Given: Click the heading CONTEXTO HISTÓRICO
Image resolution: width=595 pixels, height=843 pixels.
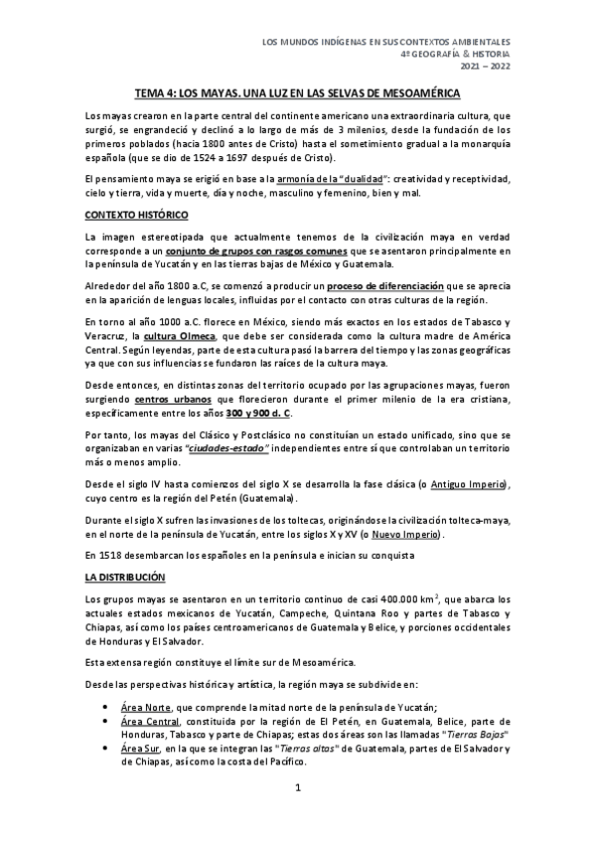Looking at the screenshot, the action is tap(136, 214).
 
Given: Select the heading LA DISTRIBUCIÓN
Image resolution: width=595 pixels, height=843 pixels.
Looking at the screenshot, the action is tap(125, 577).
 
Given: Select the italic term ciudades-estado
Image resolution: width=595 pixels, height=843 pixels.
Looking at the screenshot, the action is tap(231, 448).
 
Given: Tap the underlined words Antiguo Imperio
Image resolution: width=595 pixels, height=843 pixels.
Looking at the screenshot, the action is tap(460, 484).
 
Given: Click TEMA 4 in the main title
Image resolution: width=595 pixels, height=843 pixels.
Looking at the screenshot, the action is tap(160, 91).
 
